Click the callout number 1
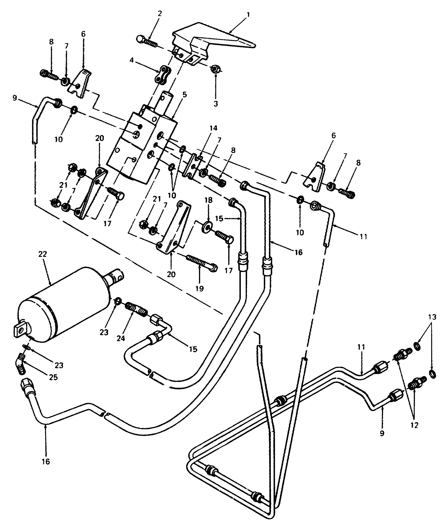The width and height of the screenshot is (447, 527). point(248,15)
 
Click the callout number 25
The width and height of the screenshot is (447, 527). point(53,377)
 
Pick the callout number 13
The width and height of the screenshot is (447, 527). point(432,317)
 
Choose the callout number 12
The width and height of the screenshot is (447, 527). point(414,425)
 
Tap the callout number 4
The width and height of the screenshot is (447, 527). point(132,60)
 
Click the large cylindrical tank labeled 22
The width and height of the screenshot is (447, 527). point(63,305)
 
